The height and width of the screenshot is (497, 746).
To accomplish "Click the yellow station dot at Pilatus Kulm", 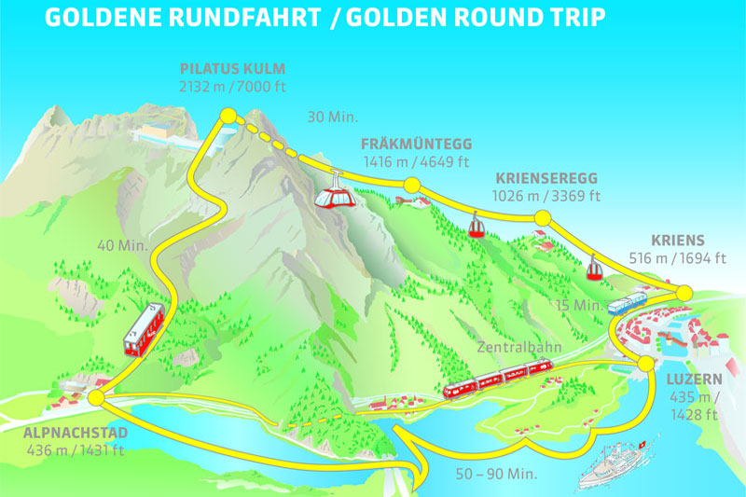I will [x=226, y=116].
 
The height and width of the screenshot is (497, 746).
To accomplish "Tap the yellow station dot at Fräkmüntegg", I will [x=408, y=185].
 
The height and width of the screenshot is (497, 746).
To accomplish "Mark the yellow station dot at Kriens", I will [x=684, y=293].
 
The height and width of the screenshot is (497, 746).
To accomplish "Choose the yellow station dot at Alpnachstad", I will [x=96, y=398].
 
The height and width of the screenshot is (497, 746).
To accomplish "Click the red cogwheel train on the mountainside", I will [x=144, y=330].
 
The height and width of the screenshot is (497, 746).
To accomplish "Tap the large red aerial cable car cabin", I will [x=332, y=197].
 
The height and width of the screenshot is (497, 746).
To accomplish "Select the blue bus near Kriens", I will [x=627, y=303].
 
